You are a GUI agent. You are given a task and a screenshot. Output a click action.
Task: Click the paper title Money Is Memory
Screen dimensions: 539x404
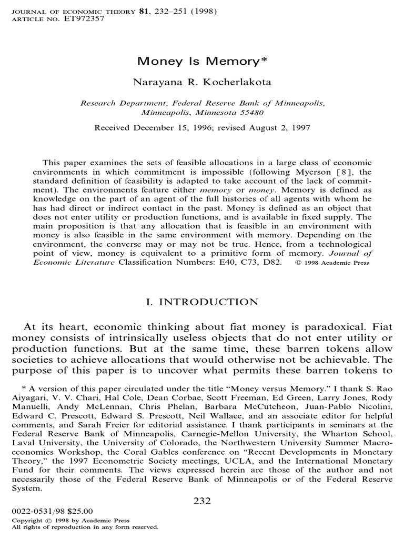point(203,61)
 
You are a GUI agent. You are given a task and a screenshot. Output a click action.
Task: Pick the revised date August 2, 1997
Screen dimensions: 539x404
point(280,127)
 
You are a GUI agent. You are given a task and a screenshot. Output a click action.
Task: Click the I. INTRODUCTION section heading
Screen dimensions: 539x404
point(202,302)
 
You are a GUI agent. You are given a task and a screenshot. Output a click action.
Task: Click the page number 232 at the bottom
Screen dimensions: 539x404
point(202,501)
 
